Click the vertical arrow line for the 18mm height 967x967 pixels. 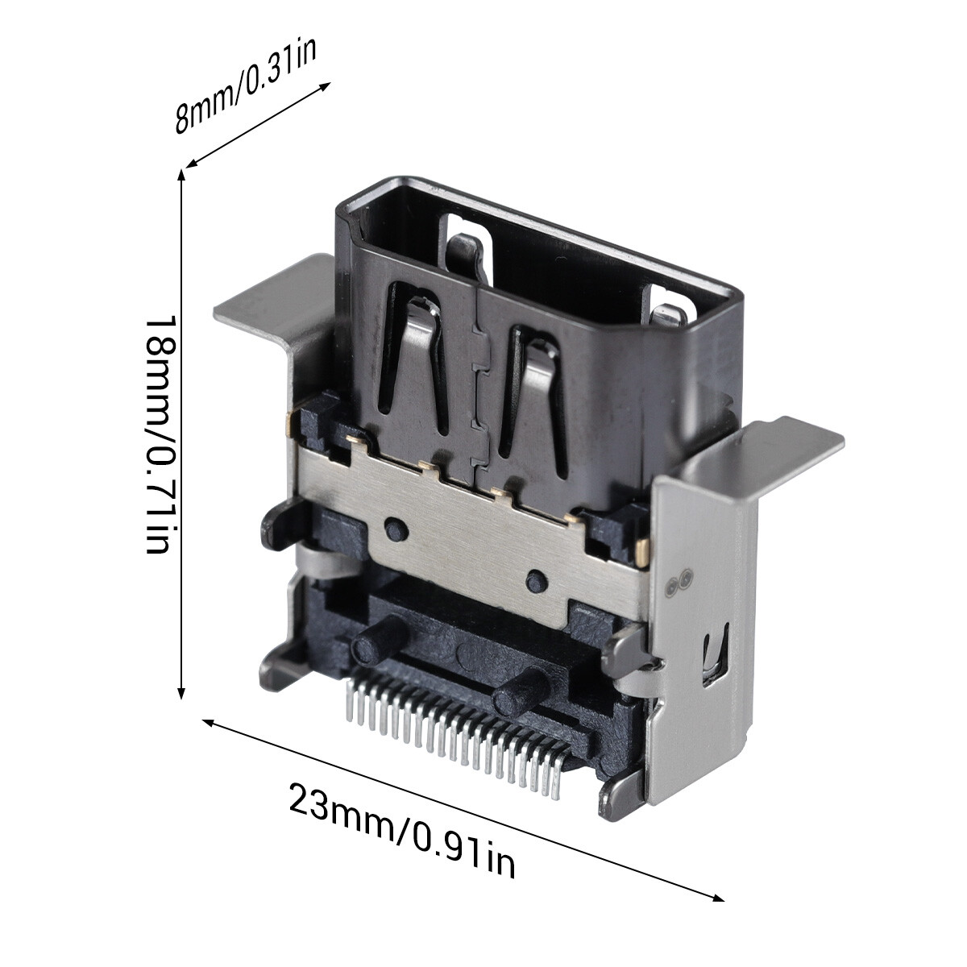pyautogui.click(x=182, y=435)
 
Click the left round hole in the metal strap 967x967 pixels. pyautogui.click(x=394, y=529)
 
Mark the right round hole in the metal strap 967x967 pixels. pyautogui.click(x=535, y=578)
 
